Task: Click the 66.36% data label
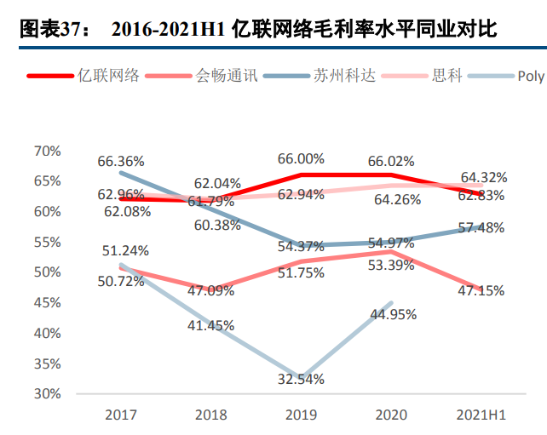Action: coord(121,161)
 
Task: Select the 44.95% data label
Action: coord(393,314)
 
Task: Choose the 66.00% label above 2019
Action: coord(300,158)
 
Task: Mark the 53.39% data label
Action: coord(393,265)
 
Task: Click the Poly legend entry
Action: coord(530,76)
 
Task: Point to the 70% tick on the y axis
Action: coord(47,151)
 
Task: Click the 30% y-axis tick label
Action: coord(47,393)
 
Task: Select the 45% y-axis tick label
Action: coord(47,302)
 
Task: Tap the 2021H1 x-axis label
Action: coord(479,415)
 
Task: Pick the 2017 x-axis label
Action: coord(122,415)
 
